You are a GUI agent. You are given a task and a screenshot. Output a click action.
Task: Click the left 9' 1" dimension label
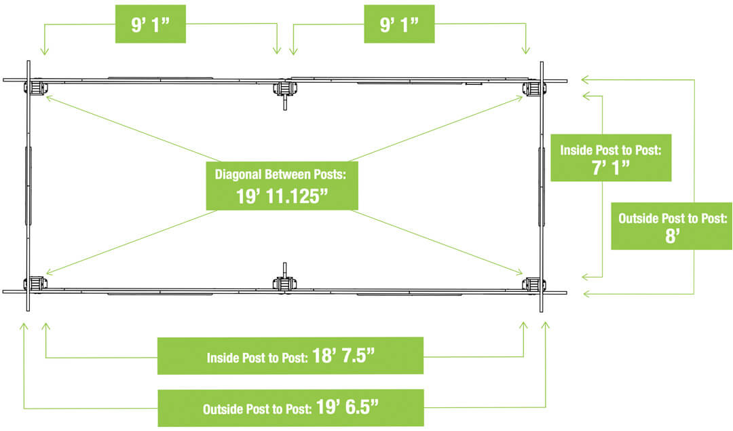150,24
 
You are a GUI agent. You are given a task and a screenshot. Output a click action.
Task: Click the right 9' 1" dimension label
399,24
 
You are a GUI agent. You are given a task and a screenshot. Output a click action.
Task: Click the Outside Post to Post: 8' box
672,226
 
